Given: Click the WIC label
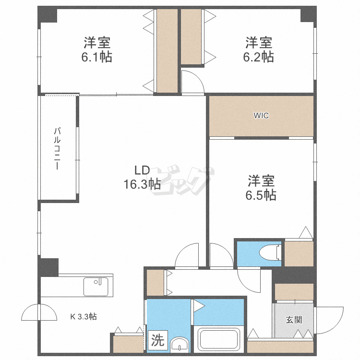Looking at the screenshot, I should (x=261, y=116).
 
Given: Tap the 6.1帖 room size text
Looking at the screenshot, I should (x=97, y=57).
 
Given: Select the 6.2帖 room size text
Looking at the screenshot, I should (x=259, y=57).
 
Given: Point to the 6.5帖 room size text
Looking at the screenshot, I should (x=261, y=195).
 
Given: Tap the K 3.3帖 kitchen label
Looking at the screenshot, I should (x=84, y=317).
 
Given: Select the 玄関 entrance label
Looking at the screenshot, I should (x=293, y=320).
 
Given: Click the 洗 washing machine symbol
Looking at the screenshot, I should (x=157, y=341).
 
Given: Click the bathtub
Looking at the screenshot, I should (x=218, y=339).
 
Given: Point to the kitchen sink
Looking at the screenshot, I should (x=96, y=287).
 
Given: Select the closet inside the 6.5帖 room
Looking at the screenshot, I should (x=299, y=253).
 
